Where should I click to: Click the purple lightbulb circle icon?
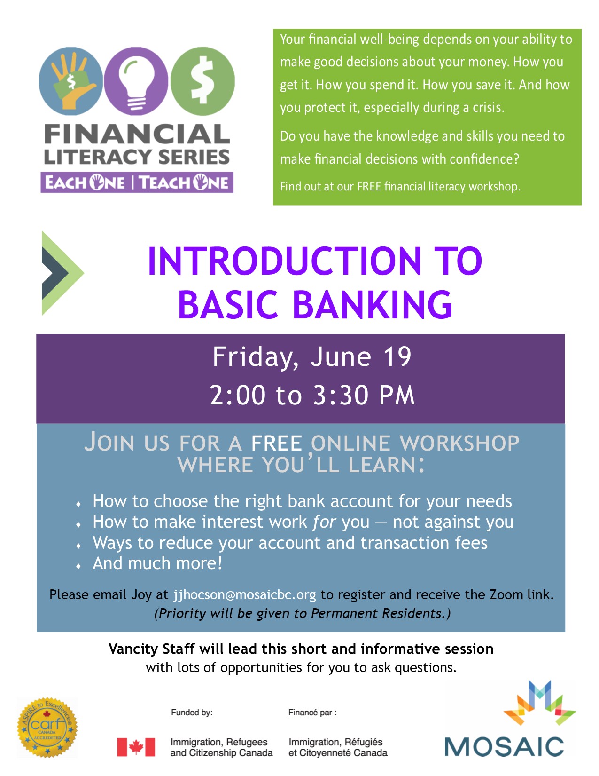pyautogui.click(x=136, y=81)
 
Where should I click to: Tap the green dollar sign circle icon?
pyautogui.click(x=202, y=81)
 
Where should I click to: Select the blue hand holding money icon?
pyautogui.click(x=70, y=81)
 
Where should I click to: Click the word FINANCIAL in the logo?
pyautogui.click(x=137, y=135)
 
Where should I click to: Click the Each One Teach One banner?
pyautogui.click(x=137, y=182)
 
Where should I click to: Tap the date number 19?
pyautogui.click(x=397, y=357)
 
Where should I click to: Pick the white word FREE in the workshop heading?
pyautogui.click(x=276, y=443)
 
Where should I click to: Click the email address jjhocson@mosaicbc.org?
pyautogui.click(x=244, y=594)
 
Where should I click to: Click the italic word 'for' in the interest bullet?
pyautogui.click(x=324, y=522)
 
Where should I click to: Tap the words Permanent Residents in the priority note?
pyautogui.click(x=376, y=613)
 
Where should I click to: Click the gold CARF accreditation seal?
pyautogui.click(x=47, y=727)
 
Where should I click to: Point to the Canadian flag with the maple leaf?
pyautogui.click(x=136, y=747)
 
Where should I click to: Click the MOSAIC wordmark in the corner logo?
pyautogui.click(x=504, y=746)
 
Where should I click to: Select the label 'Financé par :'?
pyautogui.click(x=312, y=713)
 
